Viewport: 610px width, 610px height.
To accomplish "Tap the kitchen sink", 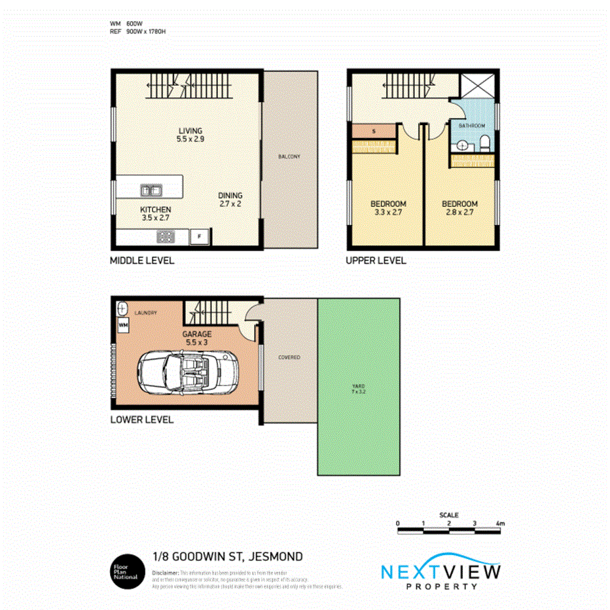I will click(152, 190).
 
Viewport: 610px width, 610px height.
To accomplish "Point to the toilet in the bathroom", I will click(485, 143).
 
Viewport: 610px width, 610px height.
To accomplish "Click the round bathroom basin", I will click(462, 146).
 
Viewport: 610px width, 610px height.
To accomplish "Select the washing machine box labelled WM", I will click(122, 324).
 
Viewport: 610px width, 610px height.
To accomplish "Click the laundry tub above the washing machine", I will click(122, 307).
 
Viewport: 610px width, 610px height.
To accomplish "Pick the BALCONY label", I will click(289, 157).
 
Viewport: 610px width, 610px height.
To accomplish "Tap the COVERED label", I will click(289, 357).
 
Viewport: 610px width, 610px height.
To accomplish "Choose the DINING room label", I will click(230, 196).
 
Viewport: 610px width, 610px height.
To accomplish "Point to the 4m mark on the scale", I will click(500, 524).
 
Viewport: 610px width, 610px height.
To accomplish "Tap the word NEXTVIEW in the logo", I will click(440, 571).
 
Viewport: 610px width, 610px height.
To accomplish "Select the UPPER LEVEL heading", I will click(376, 260).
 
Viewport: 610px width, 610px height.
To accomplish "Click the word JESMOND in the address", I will click(275, 557).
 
